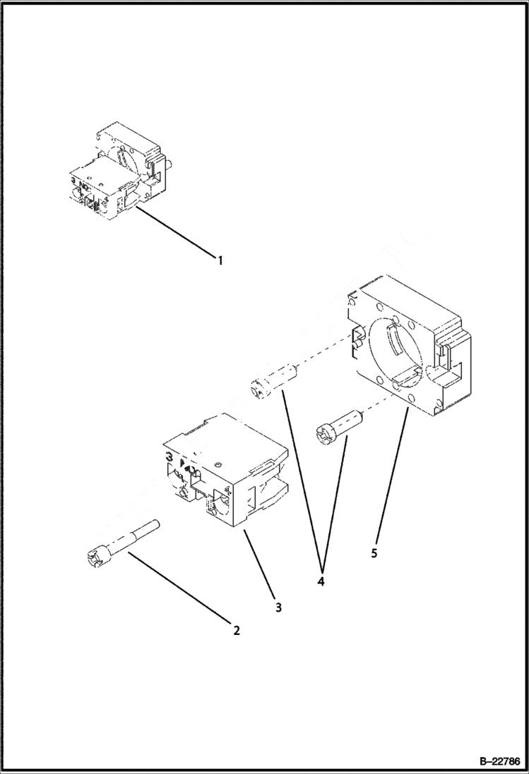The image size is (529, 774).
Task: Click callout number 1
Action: click(x=220, y=260)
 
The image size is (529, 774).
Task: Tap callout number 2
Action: click(x=237, y=630)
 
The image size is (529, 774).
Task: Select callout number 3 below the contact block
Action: click(x=278, y=607)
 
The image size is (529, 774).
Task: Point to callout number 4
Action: click(x=321, y=583)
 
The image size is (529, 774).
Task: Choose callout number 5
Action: click(x=374, y=552)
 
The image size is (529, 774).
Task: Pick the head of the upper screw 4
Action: click(x=258, y=387)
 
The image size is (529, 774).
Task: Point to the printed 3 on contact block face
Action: click(x=170, y=457)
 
